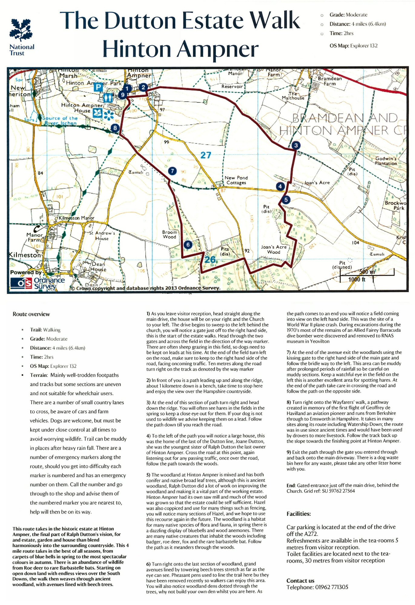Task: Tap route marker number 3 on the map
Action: (x=296, y=145)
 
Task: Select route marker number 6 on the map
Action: (x=188, y=244)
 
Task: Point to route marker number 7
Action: (x=172, y=171)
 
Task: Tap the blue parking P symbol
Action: (x=98, y=87)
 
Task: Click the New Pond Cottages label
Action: (x=236, y=180)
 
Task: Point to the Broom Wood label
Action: (x=170, y=234)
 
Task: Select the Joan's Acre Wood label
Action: (x=274, y=249)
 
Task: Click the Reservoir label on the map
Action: (x=232, y=86)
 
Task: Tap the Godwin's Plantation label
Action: (x=386, y=161)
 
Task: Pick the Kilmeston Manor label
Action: (x=76, y=218)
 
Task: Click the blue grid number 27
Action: (x=206, y=155)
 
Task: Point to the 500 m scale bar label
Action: (x=367, y=272)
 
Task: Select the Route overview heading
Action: (x=31, y=314)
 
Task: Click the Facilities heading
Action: (x=298, y=514)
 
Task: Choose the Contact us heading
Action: (x=300, y=580)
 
